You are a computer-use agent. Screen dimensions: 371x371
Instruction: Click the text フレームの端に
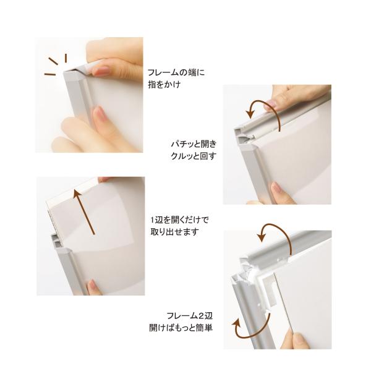[x=176, y=72]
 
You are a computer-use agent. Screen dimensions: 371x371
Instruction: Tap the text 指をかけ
[x=164, y=85]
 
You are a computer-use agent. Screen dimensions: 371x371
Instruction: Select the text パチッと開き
[x=194, y=144]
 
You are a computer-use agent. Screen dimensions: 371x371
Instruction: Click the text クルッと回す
[x=194, y=156]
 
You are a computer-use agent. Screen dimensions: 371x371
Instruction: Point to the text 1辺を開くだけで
[x=180, y=220]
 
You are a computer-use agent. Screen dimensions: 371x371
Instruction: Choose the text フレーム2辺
[x=190, y=315]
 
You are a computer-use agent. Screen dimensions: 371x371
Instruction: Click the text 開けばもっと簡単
[x=181, y=328]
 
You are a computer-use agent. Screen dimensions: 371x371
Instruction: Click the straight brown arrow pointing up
[x=85, y=211]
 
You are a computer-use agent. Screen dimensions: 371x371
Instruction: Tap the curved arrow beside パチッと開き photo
[x=265, y=102]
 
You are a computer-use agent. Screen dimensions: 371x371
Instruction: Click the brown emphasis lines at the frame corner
[x=56, y=64]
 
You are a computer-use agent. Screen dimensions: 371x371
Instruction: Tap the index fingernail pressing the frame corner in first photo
[x=101, y=71]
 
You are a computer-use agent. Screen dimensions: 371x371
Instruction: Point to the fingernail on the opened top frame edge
[x=271, y=103]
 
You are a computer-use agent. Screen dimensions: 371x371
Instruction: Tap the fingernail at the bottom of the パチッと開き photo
[x=277, y=189]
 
